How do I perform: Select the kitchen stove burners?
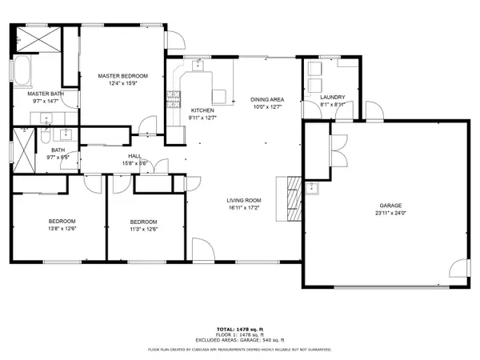pos(171,100)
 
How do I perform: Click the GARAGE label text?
pos(390,205)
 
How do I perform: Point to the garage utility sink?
pos(313,189)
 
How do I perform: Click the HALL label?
pos(135,157)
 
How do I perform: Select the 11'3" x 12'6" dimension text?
pos(143,229)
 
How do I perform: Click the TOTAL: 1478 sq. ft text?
pos(239,329)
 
